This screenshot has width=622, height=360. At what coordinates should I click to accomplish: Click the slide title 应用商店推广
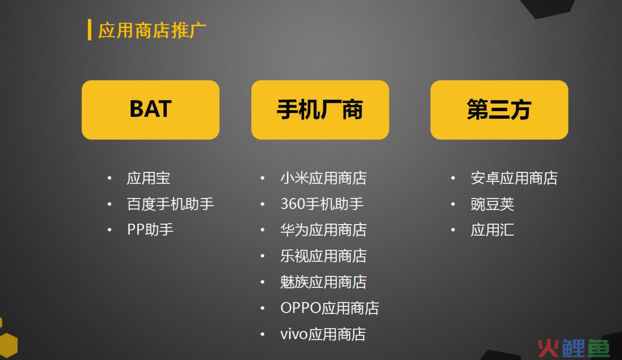click(x=152, y=30)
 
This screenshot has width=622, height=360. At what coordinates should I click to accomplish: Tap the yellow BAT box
click(x=150, y=110)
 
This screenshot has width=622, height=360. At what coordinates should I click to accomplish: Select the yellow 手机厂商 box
click(x=320, y=110)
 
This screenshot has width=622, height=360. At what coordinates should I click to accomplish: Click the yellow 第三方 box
click(x=499, y=110)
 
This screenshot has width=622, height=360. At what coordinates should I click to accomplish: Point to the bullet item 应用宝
click(x=148, y=178)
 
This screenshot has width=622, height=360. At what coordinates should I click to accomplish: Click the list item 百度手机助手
click(x=170, y=204)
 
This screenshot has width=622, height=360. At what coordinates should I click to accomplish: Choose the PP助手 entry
click(x=150, y=230)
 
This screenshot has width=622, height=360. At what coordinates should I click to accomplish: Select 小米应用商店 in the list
click(x=324, y=178)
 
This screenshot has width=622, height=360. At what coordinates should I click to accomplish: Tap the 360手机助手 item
click(x=322, y=204)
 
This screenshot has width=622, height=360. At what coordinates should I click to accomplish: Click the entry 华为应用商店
click(x=324, y=230)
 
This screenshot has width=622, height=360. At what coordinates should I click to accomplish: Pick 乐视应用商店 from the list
click(x=324, y=256)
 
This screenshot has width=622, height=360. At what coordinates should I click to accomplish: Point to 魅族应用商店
click(x=324, y=282)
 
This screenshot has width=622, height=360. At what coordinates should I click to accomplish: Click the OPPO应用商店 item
click(x=330, y=308)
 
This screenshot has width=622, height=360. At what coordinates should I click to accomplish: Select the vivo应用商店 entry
click(x=323, y=334)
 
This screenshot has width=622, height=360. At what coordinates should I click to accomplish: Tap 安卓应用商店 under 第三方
click(x=514, y=178)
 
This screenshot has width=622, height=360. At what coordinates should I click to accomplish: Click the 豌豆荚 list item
click(x=492, y=204)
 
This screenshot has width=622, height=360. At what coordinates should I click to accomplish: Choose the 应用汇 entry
click(x=492, y=230)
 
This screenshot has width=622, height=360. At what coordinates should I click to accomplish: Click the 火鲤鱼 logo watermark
click(x=574, y=348)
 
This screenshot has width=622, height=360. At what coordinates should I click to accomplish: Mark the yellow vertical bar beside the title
click(x=89, y=30)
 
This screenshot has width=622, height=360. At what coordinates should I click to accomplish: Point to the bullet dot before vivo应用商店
click(x=262, y=334)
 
